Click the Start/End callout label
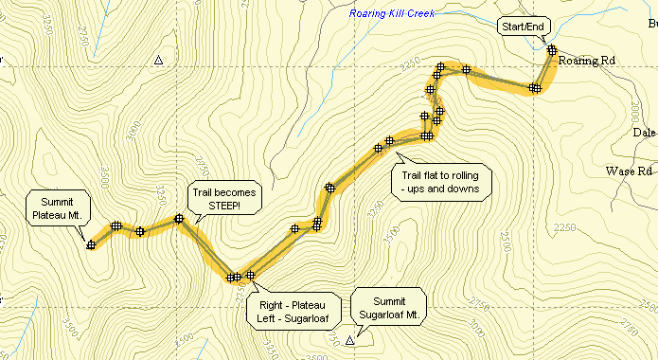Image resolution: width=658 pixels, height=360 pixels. tap(522, 27)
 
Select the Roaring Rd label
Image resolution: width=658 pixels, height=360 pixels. tap(587, 61)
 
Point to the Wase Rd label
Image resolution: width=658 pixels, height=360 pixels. tap(630, 171)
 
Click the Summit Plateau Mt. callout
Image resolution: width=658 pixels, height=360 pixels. tap(58, 207)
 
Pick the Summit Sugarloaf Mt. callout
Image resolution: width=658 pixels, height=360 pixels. tap(389, 306)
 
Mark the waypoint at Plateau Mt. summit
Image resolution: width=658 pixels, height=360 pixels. tap(91, 245)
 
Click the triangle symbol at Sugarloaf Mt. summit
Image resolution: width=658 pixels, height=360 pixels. tap(350, 339)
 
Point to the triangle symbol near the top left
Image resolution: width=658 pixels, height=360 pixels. tap(158, 62)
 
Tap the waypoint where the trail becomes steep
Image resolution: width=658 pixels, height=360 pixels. tap(178, 220)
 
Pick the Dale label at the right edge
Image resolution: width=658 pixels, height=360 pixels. tap(645, 133)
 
